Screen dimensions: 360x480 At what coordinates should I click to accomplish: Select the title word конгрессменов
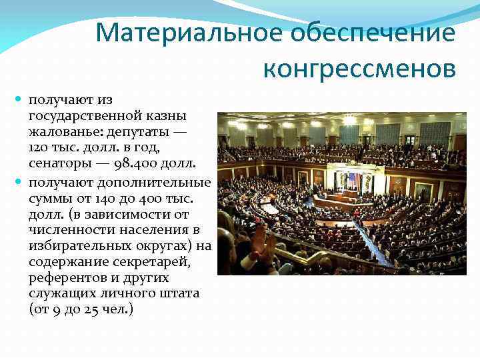point(360,69)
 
